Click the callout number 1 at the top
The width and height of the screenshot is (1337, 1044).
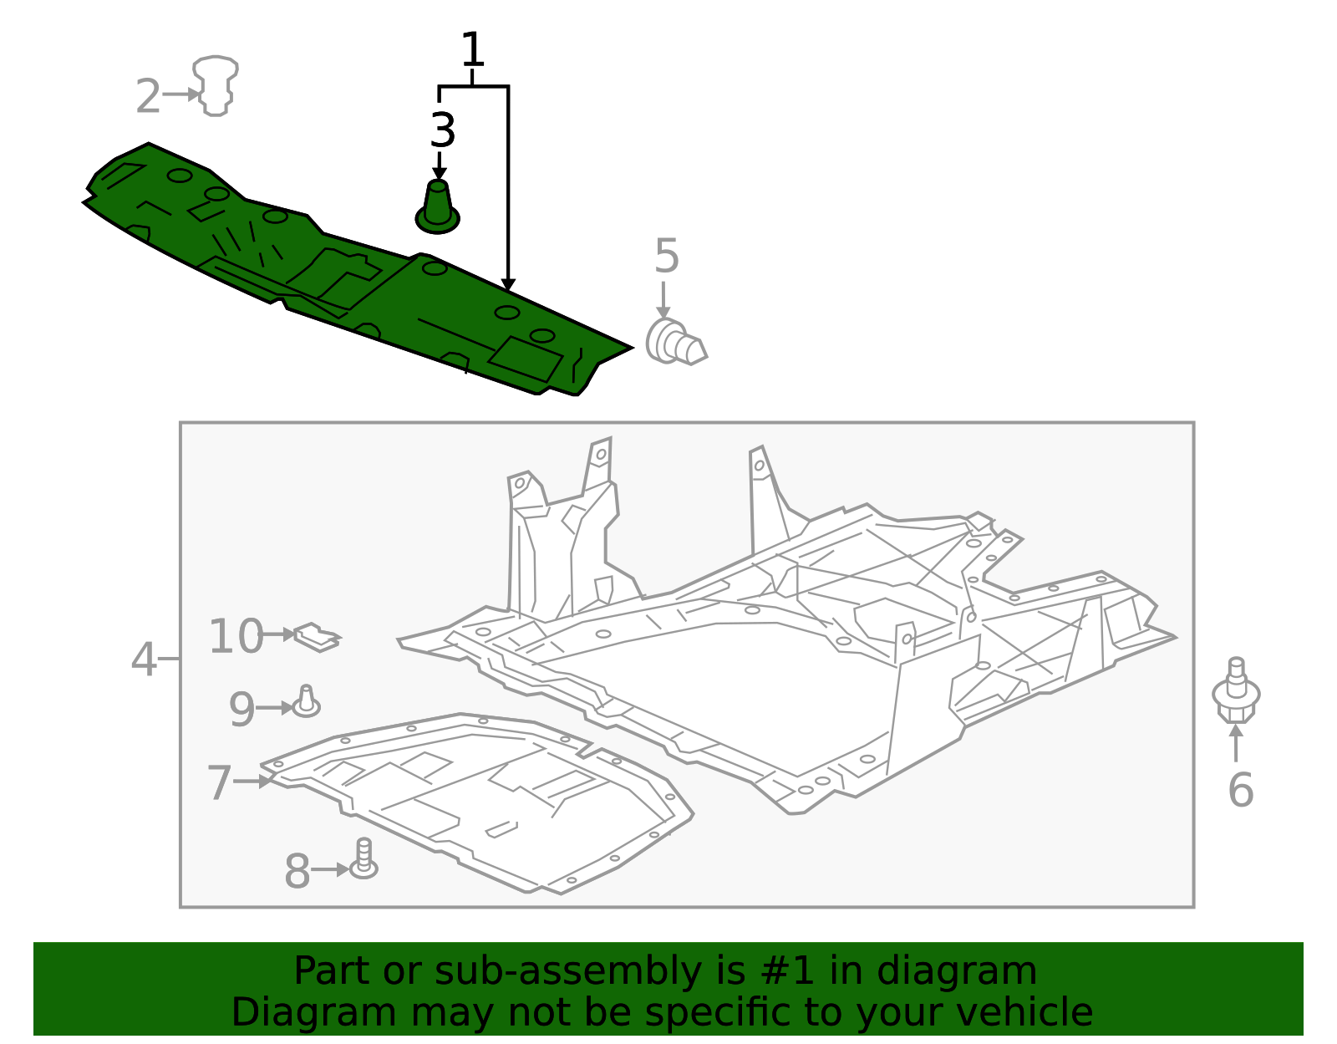(472, 49)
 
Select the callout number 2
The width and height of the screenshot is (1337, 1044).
(148, 96)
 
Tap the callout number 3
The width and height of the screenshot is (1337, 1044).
(443, 130)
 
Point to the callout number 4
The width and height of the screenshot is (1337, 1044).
(144, 660)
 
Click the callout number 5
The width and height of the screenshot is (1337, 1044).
(667, 256)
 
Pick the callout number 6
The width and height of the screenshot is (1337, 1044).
(1240, 790)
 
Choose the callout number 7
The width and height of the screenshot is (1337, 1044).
(219, 782)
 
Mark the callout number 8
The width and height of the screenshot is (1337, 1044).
(297, 871)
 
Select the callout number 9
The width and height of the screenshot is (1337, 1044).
(241, 709)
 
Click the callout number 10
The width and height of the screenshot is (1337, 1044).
(236, 636)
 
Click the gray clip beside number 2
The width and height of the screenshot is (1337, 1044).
(216, 85)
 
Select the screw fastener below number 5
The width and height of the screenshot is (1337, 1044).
(676, 342)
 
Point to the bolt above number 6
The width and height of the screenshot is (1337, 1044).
(1236, 690)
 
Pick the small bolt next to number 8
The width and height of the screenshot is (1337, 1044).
(363, 858)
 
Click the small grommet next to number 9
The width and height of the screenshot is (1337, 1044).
(307, 702)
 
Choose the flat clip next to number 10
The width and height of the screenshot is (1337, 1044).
(318, 638)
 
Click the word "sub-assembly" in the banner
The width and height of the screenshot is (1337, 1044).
(567, 970)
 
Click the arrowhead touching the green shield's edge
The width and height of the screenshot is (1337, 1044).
(507, 285)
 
